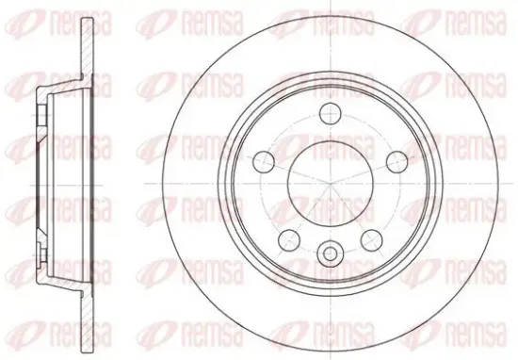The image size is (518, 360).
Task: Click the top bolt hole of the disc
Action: tap(331, 113)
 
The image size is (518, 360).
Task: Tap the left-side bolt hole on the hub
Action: tap(264, 161)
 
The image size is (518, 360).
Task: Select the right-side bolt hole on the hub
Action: tap(397, 161)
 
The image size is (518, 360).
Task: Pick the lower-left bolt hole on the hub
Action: tap(289, 240)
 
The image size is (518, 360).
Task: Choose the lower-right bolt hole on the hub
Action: tap(372, 240)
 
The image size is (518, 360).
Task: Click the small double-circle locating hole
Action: tap(330, 254)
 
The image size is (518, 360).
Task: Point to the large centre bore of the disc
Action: tap(331, 183)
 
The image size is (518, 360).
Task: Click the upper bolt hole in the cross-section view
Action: tap(41, 115)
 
